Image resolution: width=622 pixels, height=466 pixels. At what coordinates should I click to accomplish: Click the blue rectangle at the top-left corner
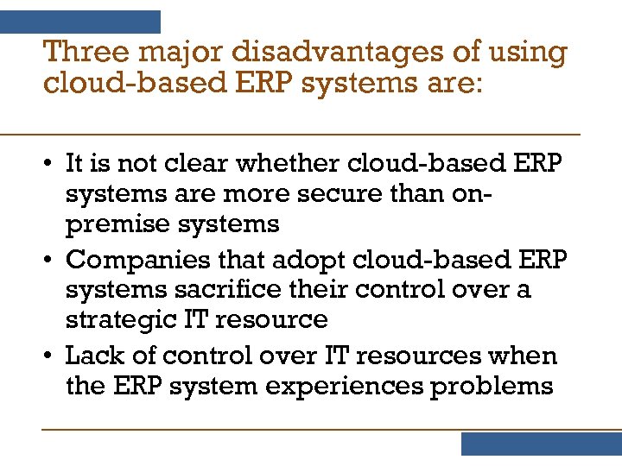80,22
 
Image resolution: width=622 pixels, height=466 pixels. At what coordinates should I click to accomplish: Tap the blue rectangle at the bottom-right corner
541,444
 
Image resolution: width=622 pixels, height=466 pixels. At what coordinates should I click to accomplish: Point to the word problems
492,386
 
